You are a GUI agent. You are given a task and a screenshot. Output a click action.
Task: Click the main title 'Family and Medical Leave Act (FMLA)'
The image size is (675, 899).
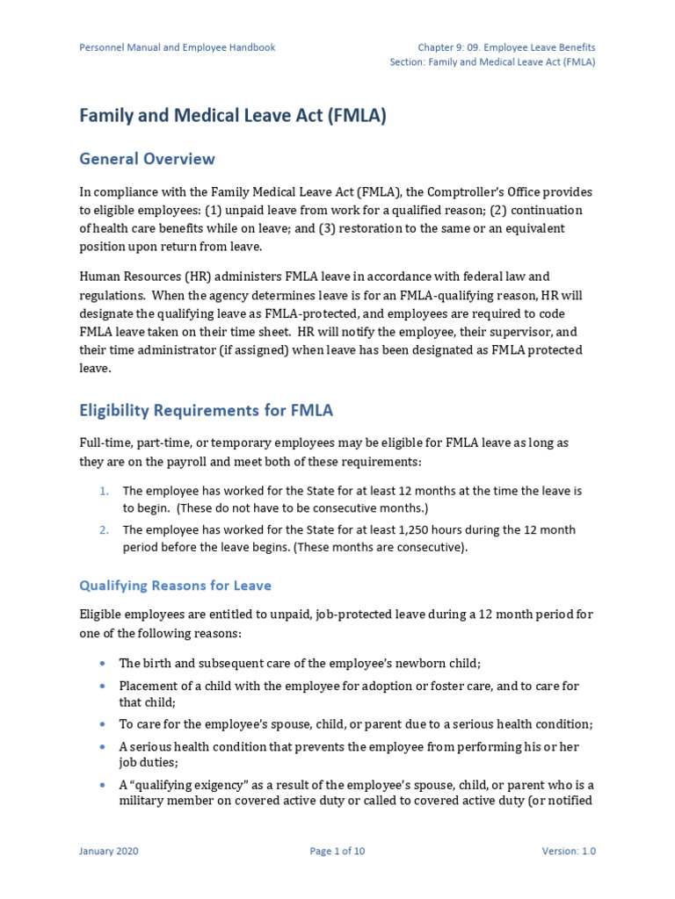233,116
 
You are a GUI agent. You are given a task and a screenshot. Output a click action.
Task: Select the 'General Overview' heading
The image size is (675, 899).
147,159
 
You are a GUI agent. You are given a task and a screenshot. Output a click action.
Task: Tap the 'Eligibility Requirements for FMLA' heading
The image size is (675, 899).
207,410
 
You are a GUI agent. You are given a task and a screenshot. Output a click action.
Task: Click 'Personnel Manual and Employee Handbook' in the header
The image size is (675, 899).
178,47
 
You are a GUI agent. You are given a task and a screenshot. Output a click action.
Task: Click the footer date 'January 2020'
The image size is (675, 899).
109,851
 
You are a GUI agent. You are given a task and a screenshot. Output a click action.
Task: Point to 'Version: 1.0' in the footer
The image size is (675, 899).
569,851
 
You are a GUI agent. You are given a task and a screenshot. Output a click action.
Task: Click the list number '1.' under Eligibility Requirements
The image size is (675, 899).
105,491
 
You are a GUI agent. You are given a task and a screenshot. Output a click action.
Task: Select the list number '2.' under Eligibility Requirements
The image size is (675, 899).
105,529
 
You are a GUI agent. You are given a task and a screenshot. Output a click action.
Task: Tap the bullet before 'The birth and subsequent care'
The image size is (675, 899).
104,663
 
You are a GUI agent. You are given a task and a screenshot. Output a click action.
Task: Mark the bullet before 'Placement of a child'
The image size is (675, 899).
104,686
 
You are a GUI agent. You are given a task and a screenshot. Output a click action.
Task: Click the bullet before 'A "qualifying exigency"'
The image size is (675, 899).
104,785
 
